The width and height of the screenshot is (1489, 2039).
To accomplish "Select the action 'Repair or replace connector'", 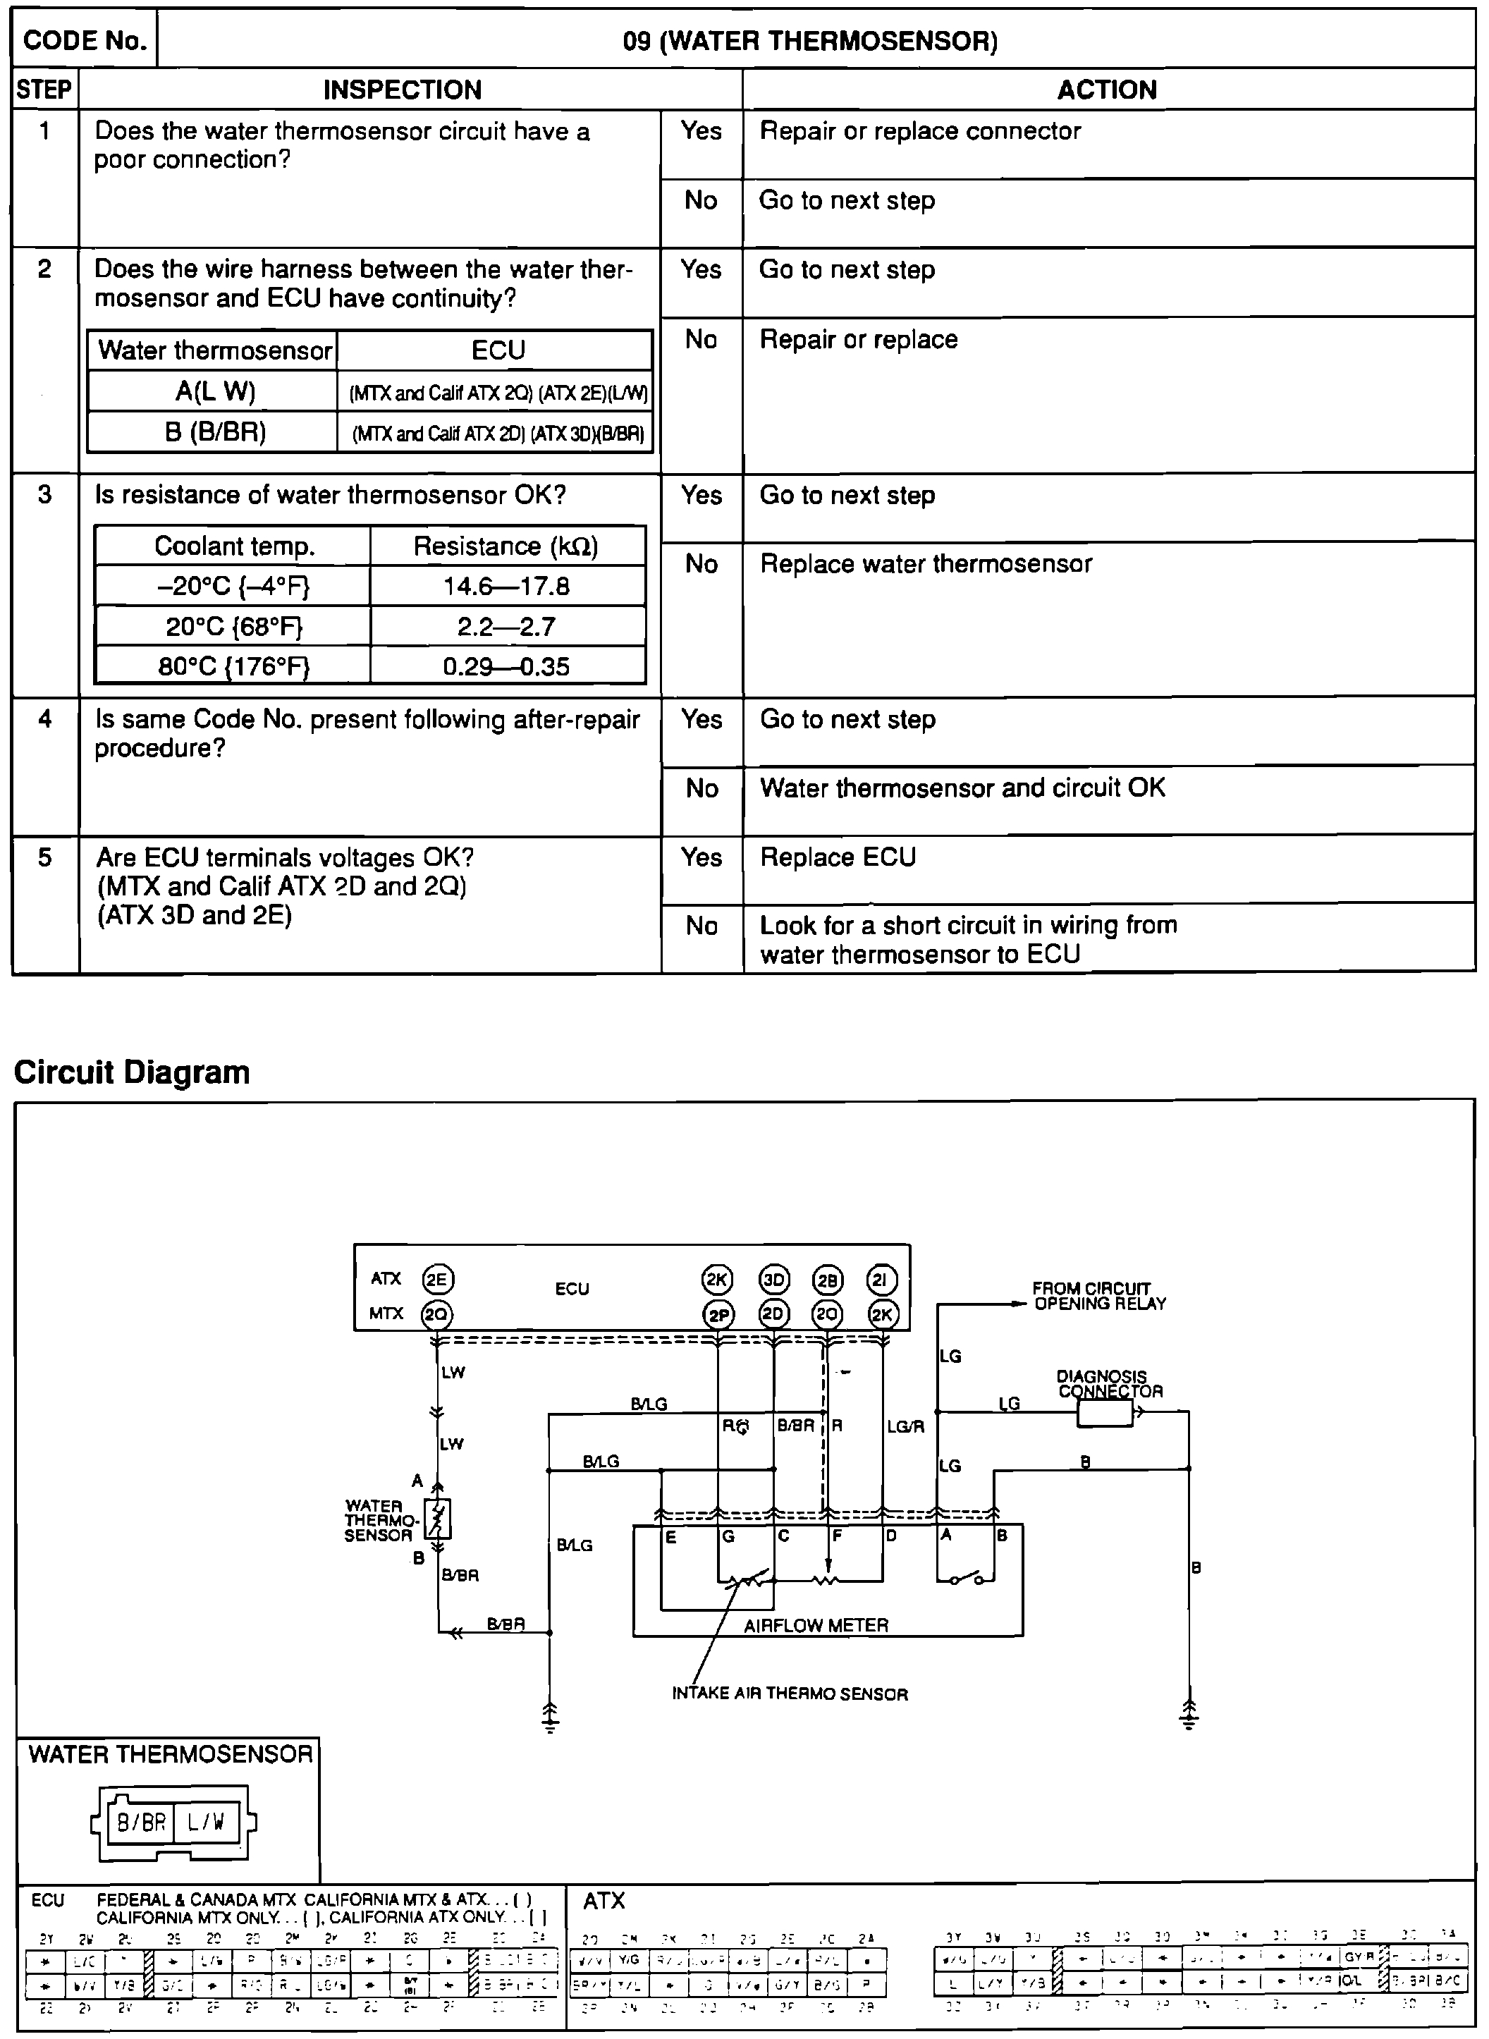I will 919,132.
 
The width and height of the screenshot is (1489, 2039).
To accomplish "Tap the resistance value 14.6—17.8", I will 506,587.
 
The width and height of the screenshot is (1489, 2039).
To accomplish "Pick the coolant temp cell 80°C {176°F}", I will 233,667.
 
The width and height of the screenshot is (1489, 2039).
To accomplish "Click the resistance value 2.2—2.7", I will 506,627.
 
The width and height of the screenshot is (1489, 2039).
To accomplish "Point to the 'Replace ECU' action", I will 838,857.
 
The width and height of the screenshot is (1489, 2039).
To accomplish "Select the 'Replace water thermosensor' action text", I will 926,564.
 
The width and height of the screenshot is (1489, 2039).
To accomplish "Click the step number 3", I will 45,495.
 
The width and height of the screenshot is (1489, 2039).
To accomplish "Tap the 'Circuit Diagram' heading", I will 132,1072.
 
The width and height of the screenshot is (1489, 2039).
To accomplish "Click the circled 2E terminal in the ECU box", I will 437,1279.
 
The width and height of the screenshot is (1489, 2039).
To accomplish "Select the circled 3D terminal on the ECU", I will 774,1279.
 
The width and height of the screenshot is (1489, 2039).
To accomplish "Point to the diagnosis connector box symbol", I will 1105,1412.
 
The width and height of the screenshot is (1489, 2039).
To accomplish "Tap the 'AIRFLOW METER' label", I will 816,1625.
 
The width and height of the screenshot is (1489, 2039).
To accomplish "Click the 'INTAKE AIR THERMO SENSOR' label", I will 790,1694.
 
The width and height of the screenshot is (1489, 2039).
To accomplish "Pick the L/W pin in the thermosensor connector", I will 205,1823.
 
